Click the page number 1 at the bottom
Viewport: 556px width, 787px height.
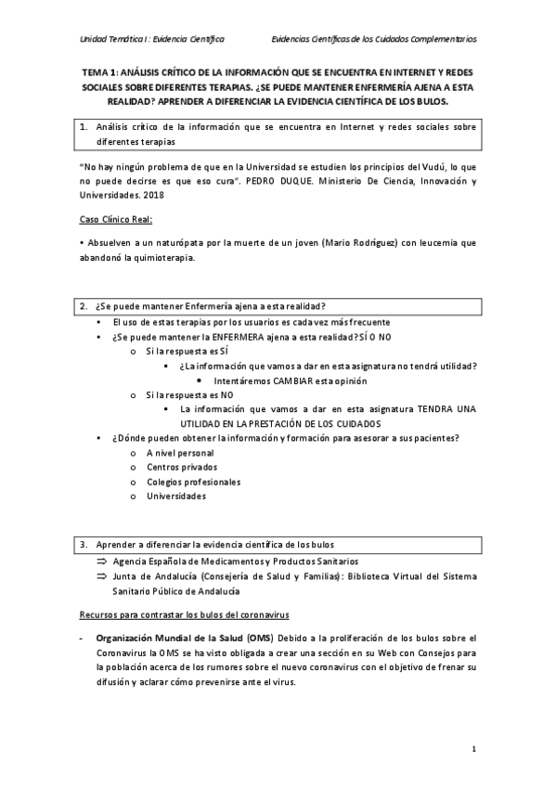[x=472, y=748]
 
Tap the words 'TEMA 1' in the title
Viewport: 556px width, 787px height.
[x=99, y=71]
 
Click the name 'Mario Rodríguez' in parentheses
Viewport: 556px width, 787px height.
[x=357, y=243]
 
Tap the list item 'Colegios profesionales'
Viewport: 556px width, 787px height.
[x=193, y=482]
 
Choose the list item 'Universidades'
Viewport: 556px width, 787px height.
[x=176, y=497]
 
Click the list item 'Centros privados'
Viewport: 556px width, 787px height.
[x=181, y=468]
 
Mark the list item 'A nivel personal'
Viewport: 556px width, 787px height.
[x=180, y=453]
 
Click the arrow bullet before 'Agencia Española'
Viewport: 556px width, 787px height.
[x=102, y=561]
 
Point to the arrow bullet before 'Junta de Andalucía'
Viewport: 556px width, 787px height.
[x=102, y=576]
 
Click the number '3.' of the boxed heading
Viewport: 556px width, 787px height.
[x=84, y=544]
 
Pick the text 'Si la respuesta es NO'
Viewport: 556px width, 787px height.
[x=191, y=394]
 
